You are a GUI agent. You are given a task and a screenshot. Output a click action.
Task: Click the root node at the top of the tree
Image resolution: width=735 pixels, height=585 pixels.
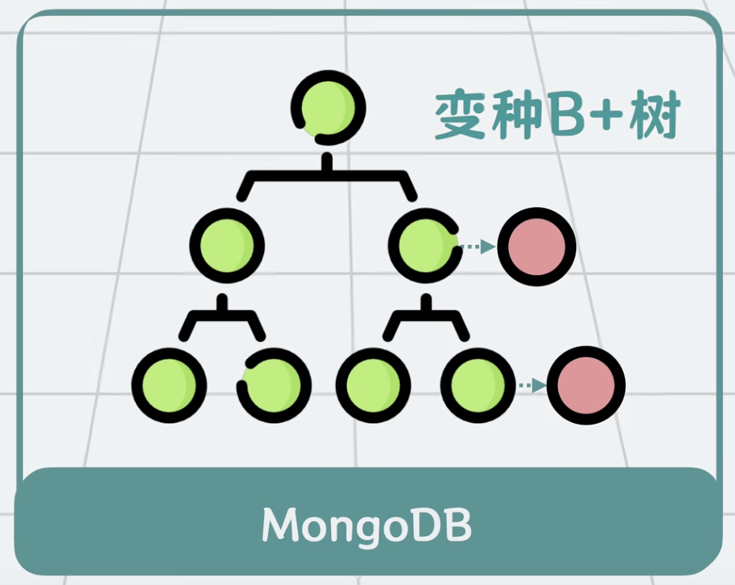(328, 107)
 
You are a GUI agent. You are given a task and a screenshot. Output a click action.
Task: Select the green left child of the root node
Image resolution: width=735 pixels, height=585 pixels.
(227, 245)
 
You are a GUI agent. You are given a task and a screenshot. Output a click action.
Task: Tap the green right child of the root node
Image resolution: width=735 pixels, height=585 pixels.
(427, 245)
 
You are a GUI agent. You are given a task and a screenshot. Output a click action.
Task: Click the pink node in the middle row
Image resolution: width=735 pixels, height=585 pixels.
(537, 247)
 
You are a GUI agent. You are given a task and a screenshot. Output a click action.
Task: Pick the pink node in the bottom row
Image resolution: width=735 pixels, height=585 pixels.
(586, 385)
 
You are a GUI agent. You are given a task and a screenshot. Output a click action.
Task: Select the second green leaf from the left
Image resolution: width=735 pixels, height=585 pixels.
(274, 385)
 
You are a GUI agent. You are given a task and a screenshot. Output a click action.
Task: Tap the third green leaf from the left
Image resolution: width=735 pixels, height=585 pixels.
(373, 385)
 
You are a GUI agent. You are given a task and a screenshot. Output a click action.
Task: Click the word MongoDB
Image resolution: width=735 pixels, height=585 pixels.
(367, 525)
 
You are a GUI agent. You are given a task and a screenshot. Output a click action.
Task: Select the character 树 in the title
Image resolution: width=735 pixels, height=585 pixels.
(652, 117)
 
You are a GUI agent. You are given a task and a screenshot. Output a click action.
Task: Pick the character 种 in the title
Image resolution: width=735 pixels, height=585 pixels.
(508, 117)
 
